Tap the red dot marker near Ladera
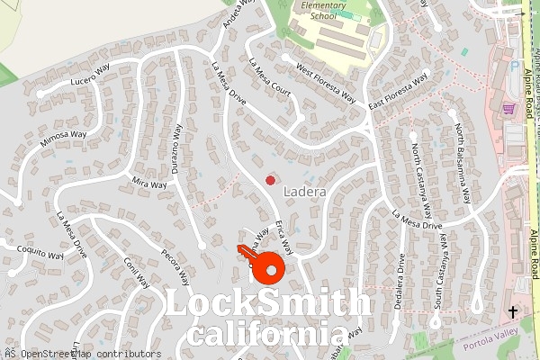tap(270, 181)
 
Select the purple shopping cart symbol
tap(508, 109)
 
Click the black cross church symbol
tap(513, 311)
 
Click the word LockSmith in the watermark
tap(268, 304)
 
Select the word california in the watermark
tap(260, 336)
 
